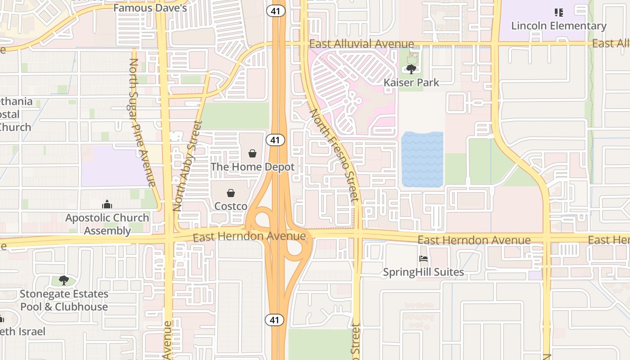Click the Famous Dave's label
(x=150, y=8)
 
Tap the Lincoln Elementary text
(x=559, y=26)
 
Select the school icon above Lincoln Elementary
(x=559, y=13)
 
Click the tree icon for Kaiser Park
(x=411, y=69)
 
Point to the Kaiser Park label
(x=411, y=82)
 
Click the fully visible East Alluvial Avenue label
(x=361, y=44)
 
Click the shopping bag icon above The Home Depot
(x=252, y=153)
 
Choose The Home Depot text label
(x=252, y=166)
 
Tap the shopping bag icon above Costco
(x=231, y=193)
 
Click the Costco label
(x=231, y=206)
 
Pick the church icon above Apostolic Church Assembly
(x=107, y=204)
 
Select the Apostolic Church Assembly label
(x=107, y=224)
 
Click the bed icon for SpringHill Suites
(x=423, y=259)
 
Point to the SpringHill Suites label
(x=423, y=272)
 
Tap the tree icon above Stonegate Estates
(x=64, y=280)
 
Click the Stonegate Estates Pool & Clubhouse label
(x=64, y=300)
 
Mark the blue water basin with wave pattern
(x=422, y=159)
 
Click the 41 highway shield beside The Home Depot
(x=275, y=140)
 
